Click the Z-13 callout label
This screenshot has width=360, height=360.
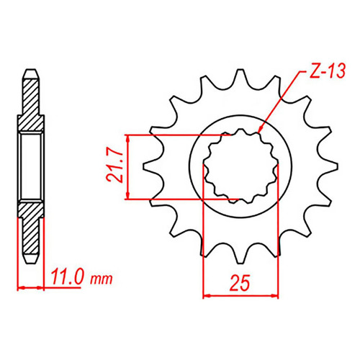point(327,71)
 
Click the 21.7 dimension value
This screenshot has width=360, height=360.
point(114,167)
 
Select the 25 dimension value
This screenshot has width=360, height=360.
point(240,283)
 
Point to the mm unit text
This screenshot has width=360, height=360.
point(102,279)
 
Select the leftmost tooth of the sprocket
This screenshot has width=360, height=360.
point(150,166)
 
